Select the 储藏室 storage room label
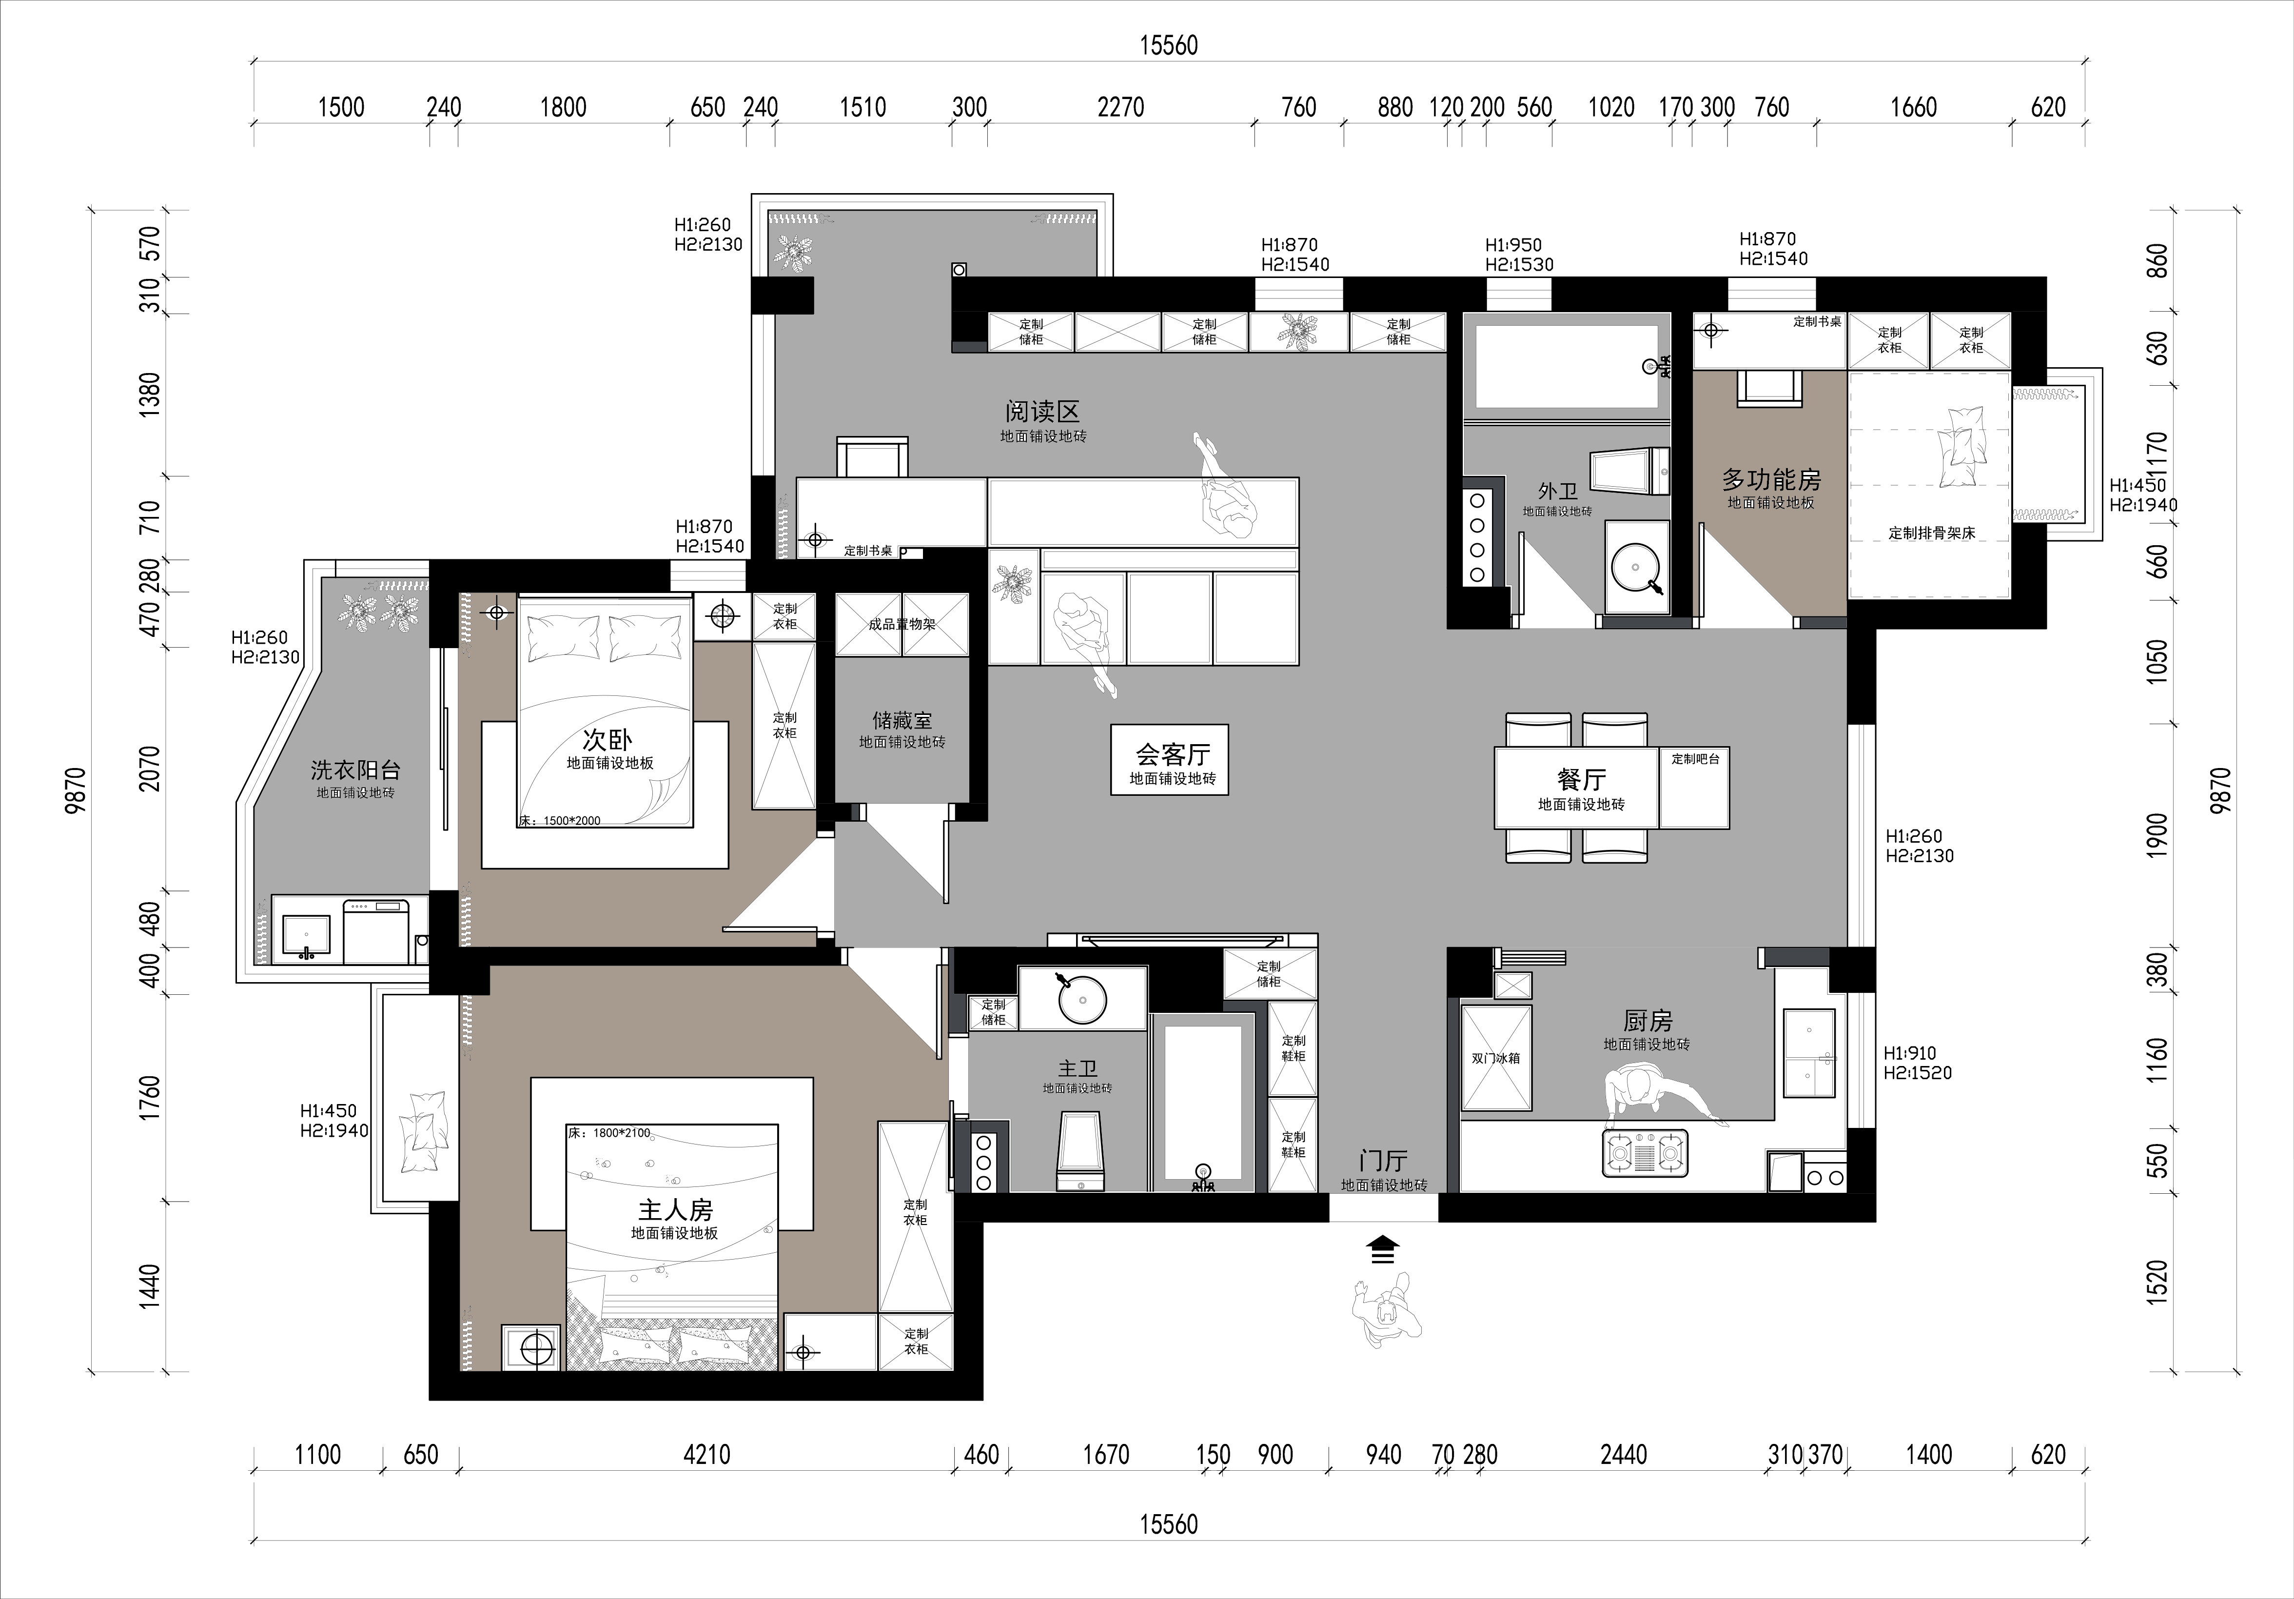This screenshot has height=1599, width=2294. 901,720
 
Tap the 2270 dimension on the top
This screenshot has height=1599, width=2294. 1120,107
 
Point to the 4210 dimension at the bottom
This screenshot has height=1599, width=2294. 706,1454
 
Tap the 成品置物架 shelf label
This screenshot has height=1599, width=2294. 901,625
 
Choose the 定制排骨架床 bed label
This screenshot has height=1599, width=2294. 1931,533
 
